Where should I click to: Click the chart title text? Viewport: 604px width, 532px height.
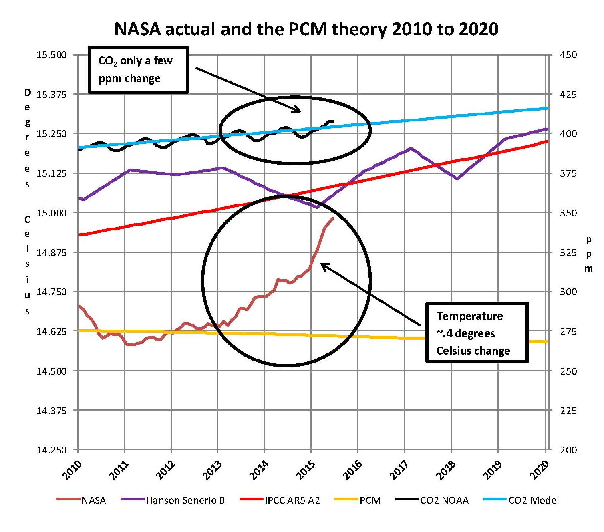click(306, 29)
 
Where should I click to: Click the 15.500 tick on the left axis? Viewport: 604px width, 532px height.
click(52, 55)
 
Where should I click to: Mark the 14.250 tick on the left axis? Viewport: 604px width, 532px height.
click(52, 450)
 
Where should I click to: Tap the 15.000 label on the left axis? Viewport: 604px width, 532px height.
click(52, 213)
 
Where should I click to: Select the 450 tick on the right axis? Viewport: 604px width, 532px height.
click(568, 55)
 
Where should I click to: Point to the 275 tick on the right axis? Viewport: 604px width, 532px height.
click(568, 332)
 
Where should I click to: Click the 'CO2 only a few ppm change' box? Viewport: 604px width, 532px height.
click(138, 70)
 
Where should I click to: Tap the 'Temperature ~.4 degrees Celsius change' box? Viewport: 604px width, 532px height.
click(477, 333)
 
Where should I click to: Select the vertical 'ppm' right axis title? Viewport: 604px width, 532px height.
click(588, 254)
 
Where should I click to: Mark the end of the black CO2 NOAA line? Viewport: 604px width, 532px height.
click(333, 121)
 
